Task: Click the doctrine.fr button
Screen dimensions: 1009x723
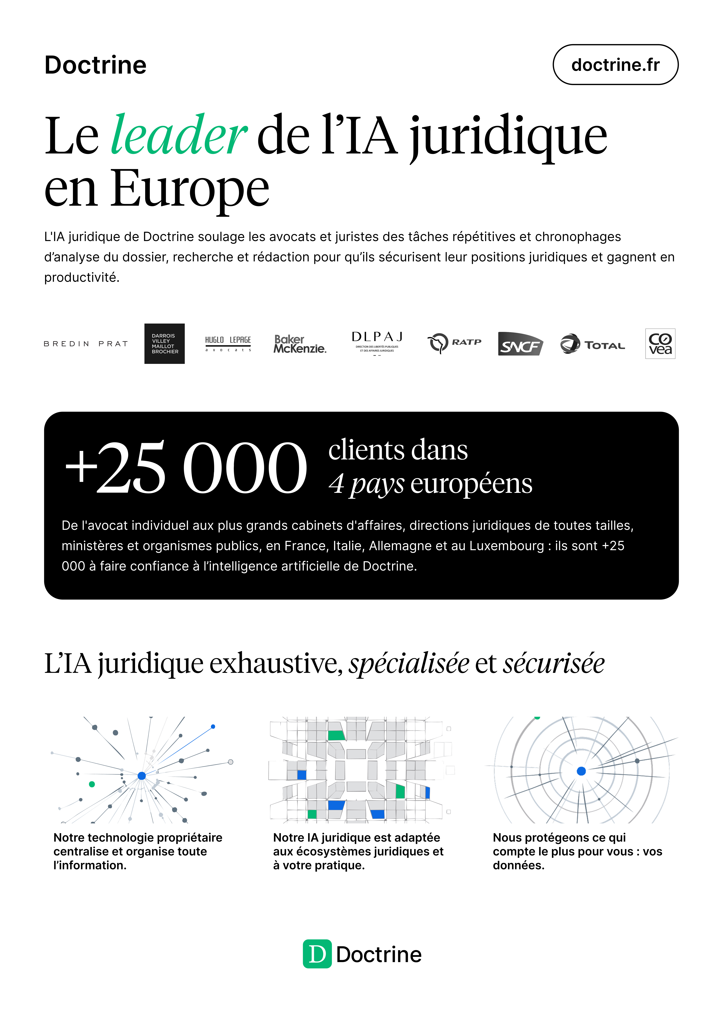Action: click(615, 65)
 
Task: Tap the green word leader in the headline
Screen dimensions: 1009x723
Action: click(178, 135)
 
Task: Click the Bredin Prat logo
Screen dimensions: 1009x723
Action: click(86, 344)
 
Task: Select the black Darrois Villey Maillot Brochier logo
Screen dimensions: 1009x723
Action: click(164, 344)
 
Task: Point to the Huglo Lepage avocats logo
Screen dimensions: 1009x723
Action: click(228, 344)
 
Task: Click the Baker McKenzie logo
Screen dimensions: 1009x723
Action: click(300, 344)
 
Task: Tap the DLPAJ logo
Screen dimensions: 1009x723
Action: click(377, 343)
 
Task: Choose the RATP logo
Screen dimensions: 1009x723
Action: click(454, 343)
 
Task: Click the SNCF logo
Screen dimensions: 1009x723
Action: click(520, 344)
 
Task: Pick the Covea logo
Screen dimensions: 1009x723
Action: click(660, 344)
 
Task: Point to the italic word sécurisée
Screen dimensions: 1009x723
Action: click(554, 664)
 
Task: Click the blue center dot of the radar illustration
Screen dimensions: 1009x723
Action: click(581, 771)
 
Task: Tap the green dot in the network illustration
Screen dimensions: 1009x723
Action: click(92, 784)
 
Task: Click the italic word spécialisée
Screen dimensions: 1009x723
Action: click(409, 664)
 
